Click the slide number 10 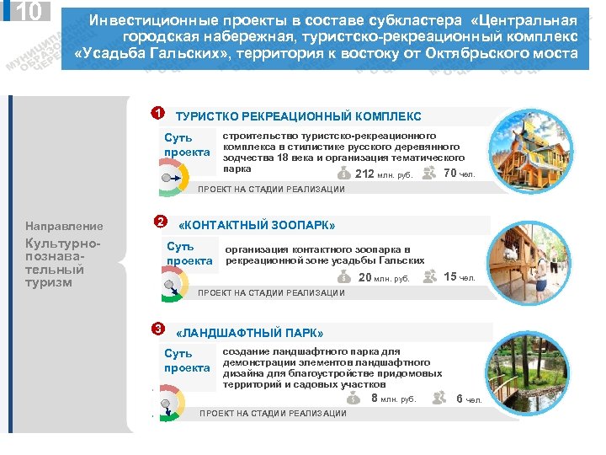[x=29, y=12]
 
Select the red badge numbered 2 [x=160, y=222]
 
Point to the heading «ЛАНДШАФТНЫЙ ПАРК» [x=249, y=333]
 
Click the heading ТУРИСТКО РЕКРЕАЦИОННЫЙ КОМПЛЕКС [x=298, y=117]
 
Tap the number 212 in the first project [x=365, y=174]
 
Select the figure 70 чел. [x=459, y=174]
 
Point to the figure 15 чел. [x=459, y=277]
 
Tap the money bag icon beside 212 [x=343, y=173]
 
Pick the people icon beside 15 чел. [x=430, y=276]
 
